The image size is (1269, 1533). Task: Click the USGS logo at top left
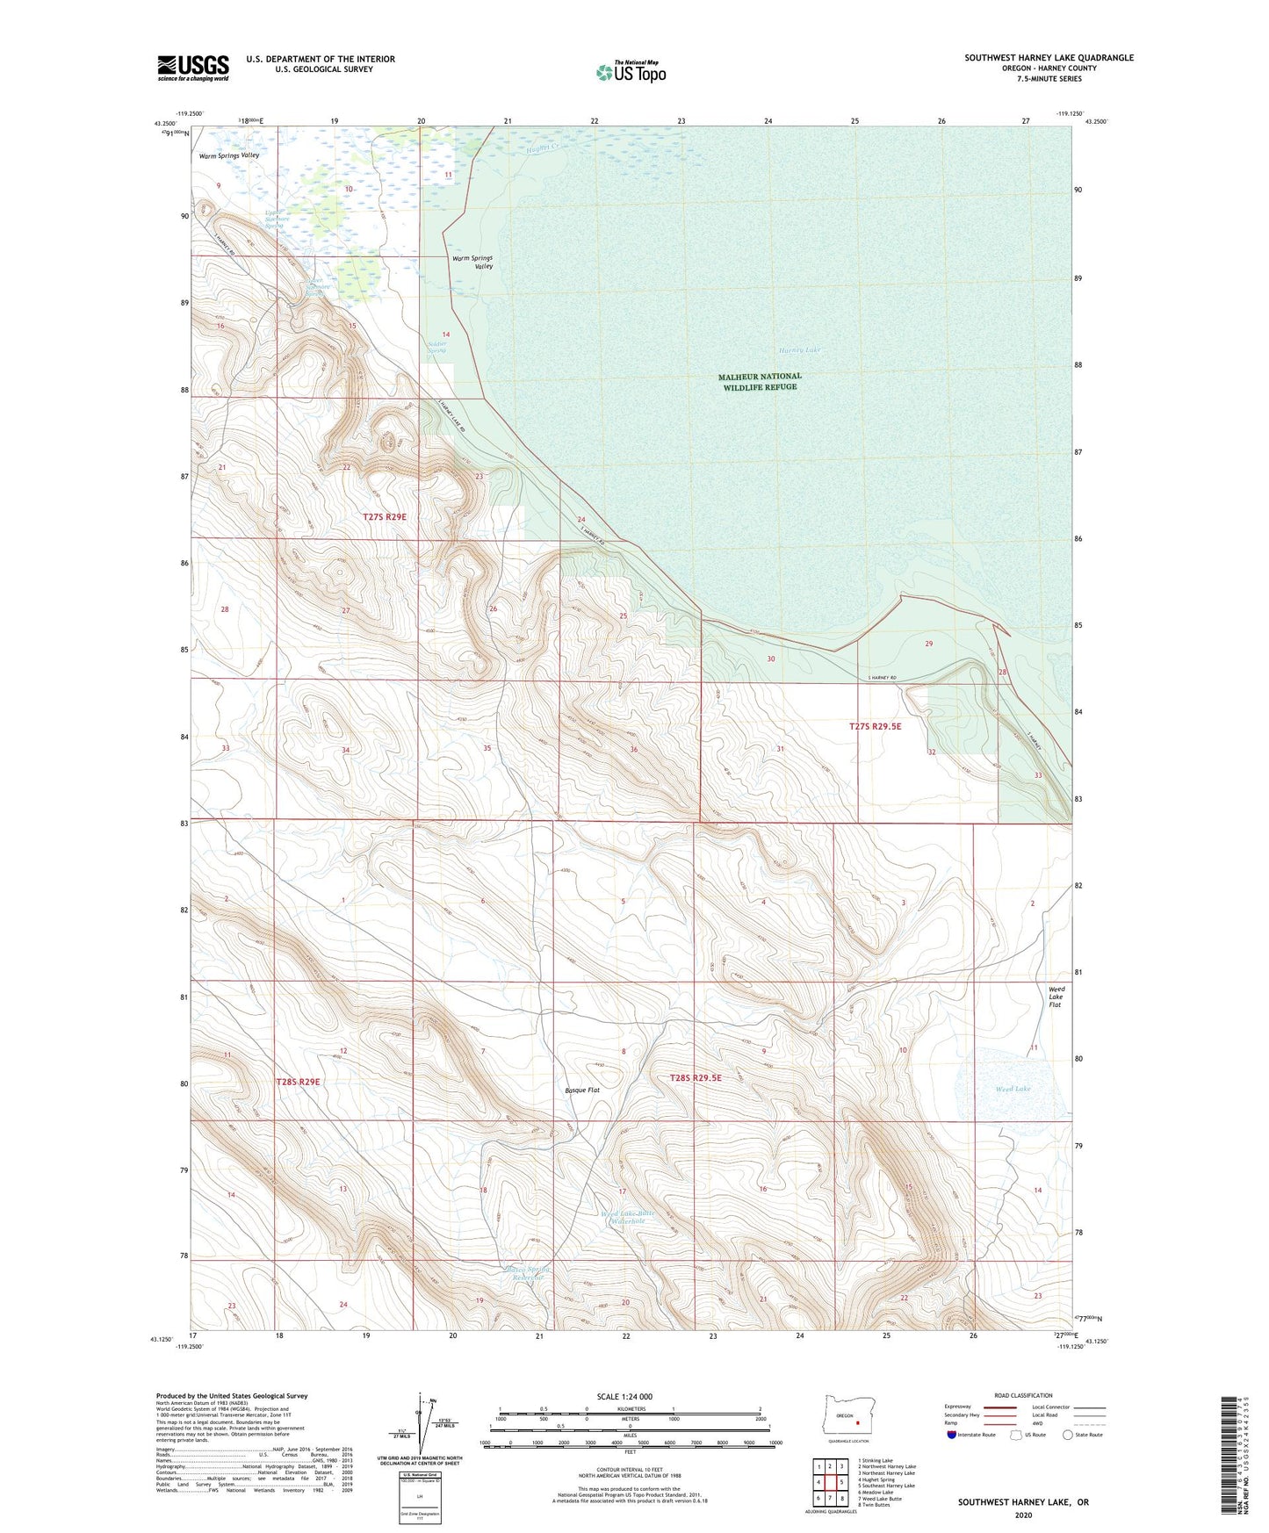click(193, 67)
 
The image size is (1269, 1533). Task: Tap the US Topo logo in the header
click(631, 72)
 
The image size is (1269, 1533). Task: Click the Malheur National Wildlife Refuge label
click(760, 381)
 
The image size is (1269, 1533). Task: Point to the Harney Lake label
click(797, 349)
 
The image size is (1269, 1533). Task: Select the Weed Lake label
click(1013, 1089)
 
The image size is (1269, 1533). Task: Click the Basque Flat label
click(581, 1090)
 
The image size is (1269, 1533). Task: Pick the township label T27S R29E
click(385, 517)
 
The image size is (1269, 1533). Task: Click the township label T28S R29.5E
click(695, 1077)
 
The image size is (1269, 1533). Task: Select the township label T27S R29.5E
click(875, 726)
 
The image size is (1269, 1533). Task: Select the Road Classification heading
click(1023, 1395)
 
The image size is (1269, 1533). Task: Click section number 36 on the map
click(633, 750)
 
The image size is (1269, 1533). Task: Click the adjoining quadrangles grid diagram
click(830, 1482)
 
